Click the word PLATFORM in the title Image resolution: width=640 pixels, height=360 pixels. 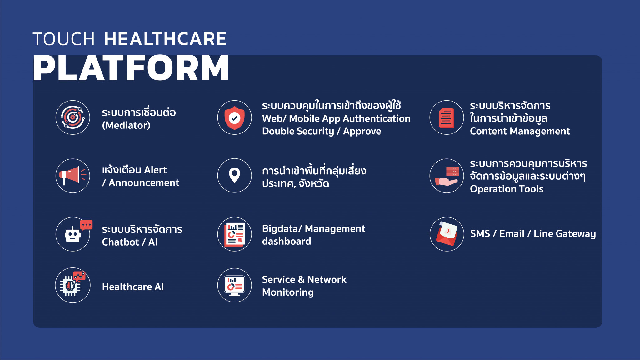coord(131,68)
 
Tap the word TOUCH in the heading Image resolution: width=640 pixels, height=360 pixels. coord(64,39)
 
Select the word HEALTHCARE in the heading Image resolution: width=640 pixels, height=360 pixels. coord(165,39)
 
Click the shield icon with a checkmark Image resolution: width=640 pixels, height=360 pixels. coord(234,117)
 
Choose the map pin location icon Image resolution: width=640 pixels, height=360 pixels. coord(234,175)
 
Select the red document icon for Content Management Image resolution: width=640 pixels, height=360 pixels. coord(447,117)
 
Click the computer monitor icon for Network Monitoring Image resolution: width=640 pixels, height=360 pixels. coord(234,285)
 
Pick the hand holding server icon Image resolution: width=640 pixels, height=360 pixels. coord(447,176)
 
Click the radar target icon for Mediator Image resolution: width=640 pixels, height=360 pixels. coord(72,117)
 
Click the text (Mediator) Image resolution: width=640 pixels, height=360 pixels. coord(126,125)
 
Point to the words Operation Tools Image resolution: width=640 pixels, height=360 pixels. coord(507,189)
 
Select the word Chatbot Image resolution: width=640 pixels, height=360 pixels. coord(120,242)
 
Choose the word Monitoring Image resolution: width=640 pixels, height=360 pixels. coord(288,292)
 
